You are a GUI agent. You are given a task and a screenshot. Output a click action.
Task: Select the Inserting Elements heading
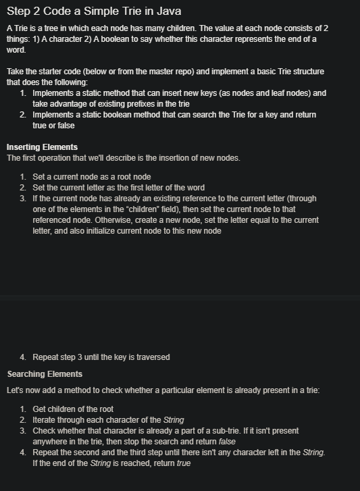click(x=42, y=147)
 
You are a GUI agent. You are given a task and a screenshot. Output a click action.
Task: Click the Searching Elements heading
click(x=45, y=374)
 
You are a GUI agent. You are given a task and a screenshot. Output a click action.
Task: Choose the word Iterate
click(x=47, y=420)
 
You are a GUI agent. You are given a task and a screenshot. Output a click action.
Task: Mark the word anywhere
click(x=51, y=442)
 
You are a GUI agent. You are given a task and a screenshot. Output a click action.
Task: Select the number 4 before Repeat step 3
click(x=23, y=357)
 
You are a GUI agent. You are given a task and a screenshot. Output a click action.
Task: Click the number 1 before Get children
click(x=23, y=409)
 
